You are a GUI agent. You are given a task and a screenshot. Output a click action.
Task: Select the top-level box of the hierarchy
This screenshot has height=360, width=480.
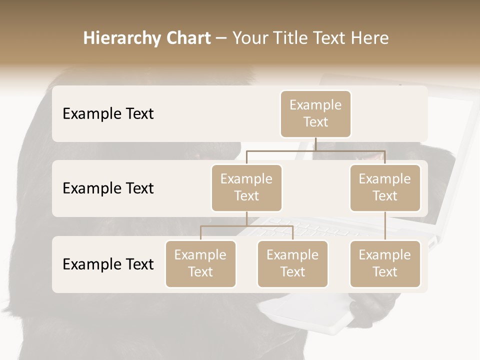[x=315, y=114]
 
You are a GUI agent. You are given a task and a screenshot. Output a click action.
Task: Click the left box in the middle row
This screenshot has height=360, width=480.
[x=246, y=188]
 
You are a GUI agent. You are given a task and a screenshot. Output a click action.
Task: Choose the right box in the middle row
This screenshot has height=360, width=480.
[x=385, y=188]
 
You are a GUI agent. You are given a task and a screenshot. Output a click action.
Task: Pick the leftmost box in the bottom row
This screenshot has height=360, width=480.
[x=200, y=264]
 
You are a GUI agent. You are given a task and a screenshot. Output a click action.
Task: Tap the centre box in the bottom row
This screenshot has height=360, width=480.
[x=292, y=264]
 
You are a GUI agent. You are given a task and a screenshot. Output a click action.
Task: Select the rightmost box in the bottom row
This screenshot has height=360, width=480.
[x=385, y=264]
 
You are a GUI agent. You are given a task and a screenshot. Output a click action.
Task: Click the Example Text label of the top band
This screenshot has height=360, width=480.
[x=108, y=114]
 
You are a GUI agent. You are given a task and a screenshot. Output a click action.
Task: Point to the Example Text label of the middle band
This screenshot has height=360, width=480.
[x=108, y=188]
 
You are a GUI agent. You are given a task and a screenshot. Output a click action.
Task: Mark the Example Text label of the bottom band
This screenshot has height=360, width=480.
[x=108, y=264]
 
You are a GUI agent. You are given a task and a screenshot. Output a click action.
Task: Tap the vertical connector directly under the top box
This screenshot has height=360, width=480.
[x=315, y=144]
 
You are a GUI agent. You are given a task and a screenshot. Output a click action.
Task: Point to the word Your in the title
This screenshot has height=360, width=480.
[x=250, y=38]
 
